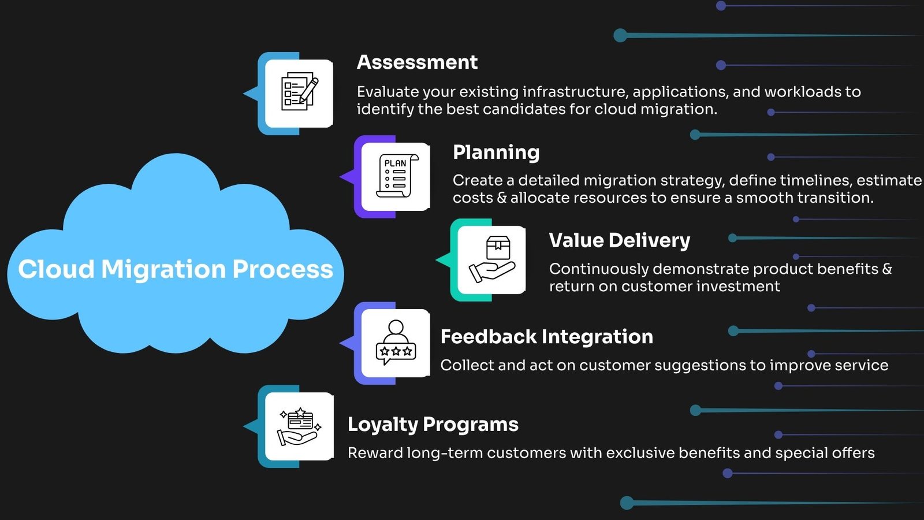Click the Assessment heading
(x=417, y=62)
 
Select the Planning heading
(x=496, y=153)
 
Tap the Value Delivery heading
(x=619, y=240)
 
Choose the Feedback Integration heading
(x=546, y=337)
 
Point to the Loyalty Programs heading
(x=433, y=425)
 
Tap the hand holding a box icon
(x=492, y=259)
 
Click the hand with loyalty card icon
(x=300, y=426)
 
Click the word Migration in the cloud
(x=163, y=270)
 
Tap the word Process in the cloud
(x=282, y=269)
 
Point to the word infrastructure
(x=575, y=92)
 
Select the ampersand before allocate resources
(x=502, y=198)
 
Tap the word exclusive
(x=640, y=453)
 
